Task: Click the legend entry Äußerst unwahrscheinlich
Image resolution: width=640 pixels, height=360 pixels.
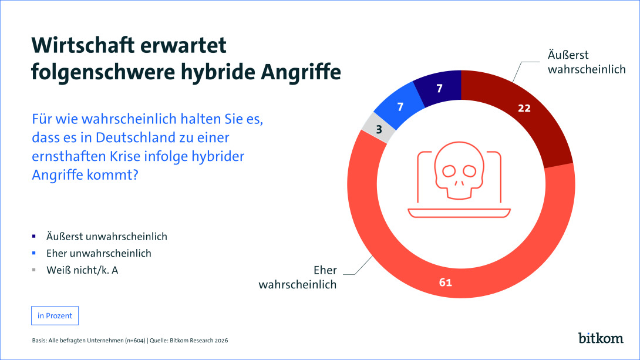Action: coord(107,237)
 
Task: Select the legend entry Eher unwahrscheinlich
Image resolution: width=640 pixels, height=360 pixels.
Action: coord(99,253)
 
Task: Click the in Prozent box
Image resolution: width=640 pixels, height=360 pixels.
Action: coord(55,315)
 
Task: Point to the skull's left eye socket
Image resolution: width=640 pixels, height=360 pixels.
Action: coord(449,171)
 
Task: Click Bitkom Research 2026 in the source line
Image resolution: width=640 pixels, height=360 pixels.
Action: coord(198,341)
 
